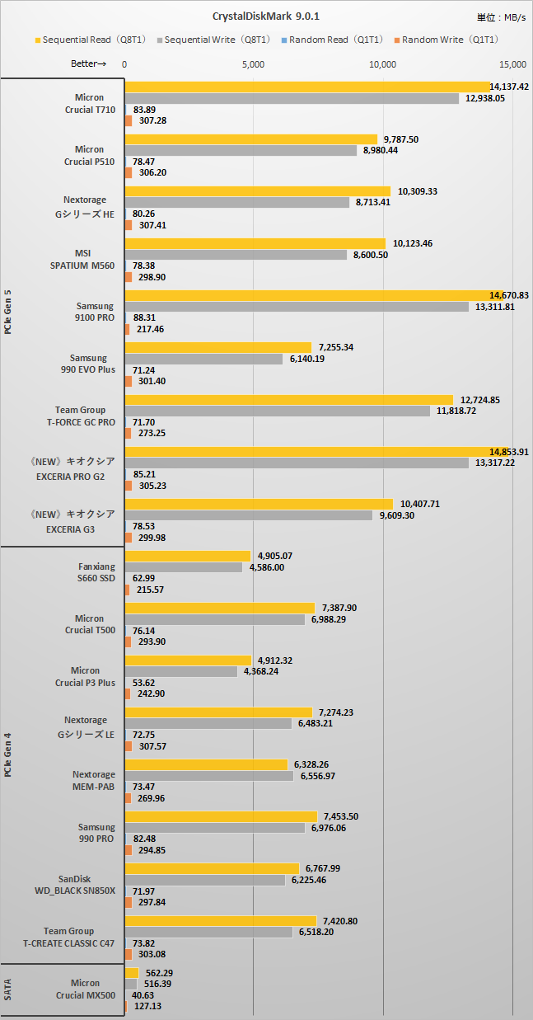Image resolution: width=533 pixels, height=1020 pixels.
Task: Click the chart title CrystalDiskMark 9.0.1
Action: (265, 16)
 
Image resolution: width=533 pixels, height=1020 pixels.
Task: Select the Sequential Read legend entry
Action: (91, 39)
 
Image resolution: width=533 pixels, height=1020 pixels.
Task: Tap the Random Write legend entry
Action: (450, 39)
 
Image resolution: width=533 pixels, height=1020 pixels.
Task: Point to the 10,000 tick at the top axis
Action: (383, 64)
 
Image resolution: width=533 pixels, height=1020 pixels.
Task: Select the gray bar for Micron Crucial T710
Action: (292, 98)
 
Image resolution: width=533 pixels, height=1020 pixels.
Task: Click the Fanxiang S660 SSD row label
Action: (97, 572)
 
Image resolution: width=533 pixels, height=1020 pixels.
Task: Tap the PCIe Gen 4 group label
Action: (8, 754)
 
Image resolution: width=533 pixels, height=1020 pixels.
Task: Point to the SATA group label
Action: (8, 989)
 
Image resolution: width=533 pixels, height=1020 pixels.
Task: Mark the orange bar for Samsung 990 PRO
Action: (128, 850)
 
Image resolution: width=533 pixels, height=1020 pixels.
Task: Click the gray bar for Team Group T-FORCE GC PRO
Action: (277, 411)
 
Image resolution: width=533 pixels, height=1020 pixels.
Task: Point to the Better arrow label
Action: (89, 64)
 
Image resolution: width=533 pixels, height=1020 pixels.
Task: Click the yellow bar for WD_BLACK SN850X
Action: (212, 868)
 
